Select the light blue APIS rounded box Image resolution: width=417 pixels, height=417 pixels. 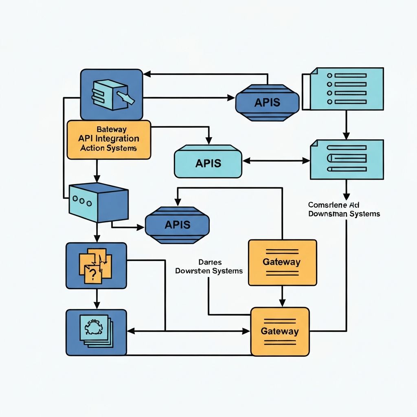[208, 163]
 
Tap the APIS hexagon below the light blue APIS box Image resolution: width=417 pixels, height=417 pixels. [177, 224]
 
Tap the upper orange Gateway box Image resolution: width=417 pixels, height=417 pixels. [282, 262]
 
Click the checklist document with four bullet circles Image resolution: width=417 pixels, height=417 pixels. [346, 89]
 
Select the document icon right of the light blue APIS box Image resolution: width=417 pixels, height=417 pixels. [347, 159]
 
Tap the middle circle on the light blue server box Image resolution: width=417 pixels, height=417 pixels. [81, 200]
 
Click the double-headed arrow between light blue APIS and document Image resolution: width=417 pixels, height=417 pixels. [276, 161]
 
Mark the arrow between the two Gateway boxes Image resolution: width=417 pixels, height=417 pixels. [281, 296]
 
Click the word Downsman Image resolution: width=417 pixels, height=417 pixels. [325, 214]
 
